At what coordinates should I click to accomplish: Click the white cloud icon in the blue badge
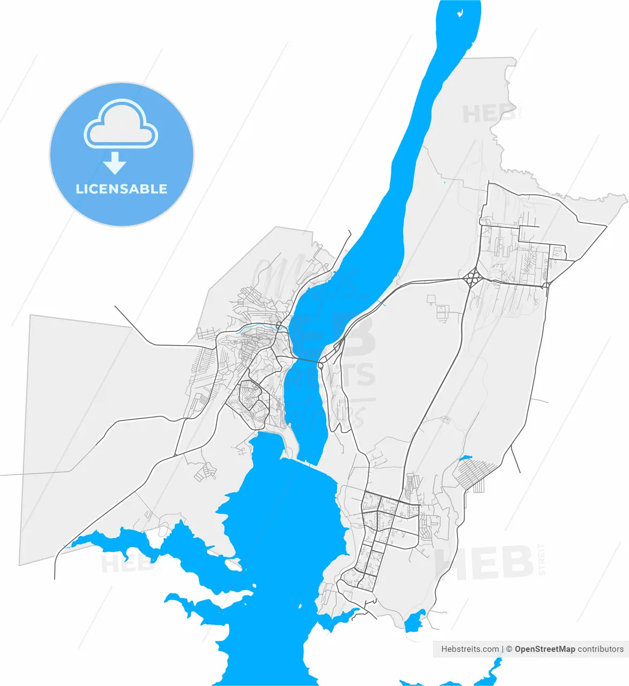pyautogui.click(x=121, y=124)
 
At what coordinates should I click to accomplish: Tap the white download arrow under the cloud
pyautogui.click(x=114, y=163)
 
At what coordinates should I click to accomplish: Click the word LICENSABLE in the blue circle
pyautogui.click(x=122, y=189)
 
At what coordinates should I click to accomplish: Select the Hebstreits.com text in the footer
pyautogui.click(x=470, y=649)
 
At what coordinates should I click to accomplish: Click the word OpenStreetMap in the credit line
pyautogui.click(x=545, y=649)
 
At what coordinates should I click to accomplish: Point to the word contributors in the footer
pyautogui.click(x=601, y=649)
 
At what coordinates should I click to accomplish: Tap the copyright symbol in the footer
pyautogui.click(x=509, y=649)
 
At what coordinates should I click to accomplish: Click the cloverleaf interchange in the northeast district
pyautogui.click(x=471, y=278)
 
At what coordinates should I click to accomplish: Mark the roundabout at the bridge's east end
pyautogui.click(x=320, y=366)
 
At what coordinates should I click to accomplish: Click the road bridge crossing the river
pyautogui.click(x=303, y=361)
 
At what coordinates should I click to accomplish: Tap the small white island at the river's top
pyautogui.click(x=460, y=13)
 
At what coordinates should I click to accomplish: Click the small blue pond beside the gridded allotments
pyautogui.click(x=466, y=458)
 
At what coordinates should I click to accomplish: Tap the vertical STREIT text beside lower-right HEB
pyautogui.click(x=542, y=560)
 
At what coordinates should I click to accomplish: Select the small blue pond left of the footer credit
pyautogui.click(x=414, y=622)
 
